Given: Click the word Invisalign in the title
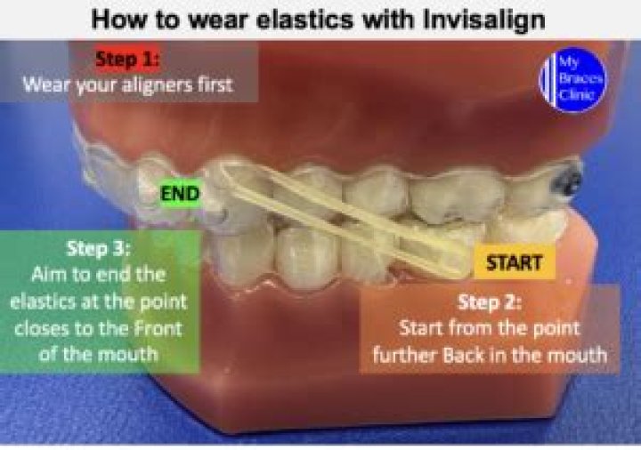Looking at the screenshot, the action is [x=484, y=20].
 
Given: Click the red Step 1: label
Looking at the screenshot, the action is [x=127, y=60].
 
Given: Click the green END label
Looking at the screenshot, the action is [x=180, y=193].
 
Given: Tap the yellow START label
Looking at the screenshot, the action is [x=515, y=262].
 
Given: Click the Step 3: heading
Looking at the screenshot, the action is [x=98, y=249].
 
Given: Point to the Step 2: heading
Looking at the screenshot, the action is [x=490, y=303].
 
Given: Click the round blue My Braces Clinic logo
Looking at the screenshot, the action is [x=572, y=80].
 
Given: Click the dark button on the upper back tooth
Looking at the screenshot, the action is [x=566, y=180].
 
